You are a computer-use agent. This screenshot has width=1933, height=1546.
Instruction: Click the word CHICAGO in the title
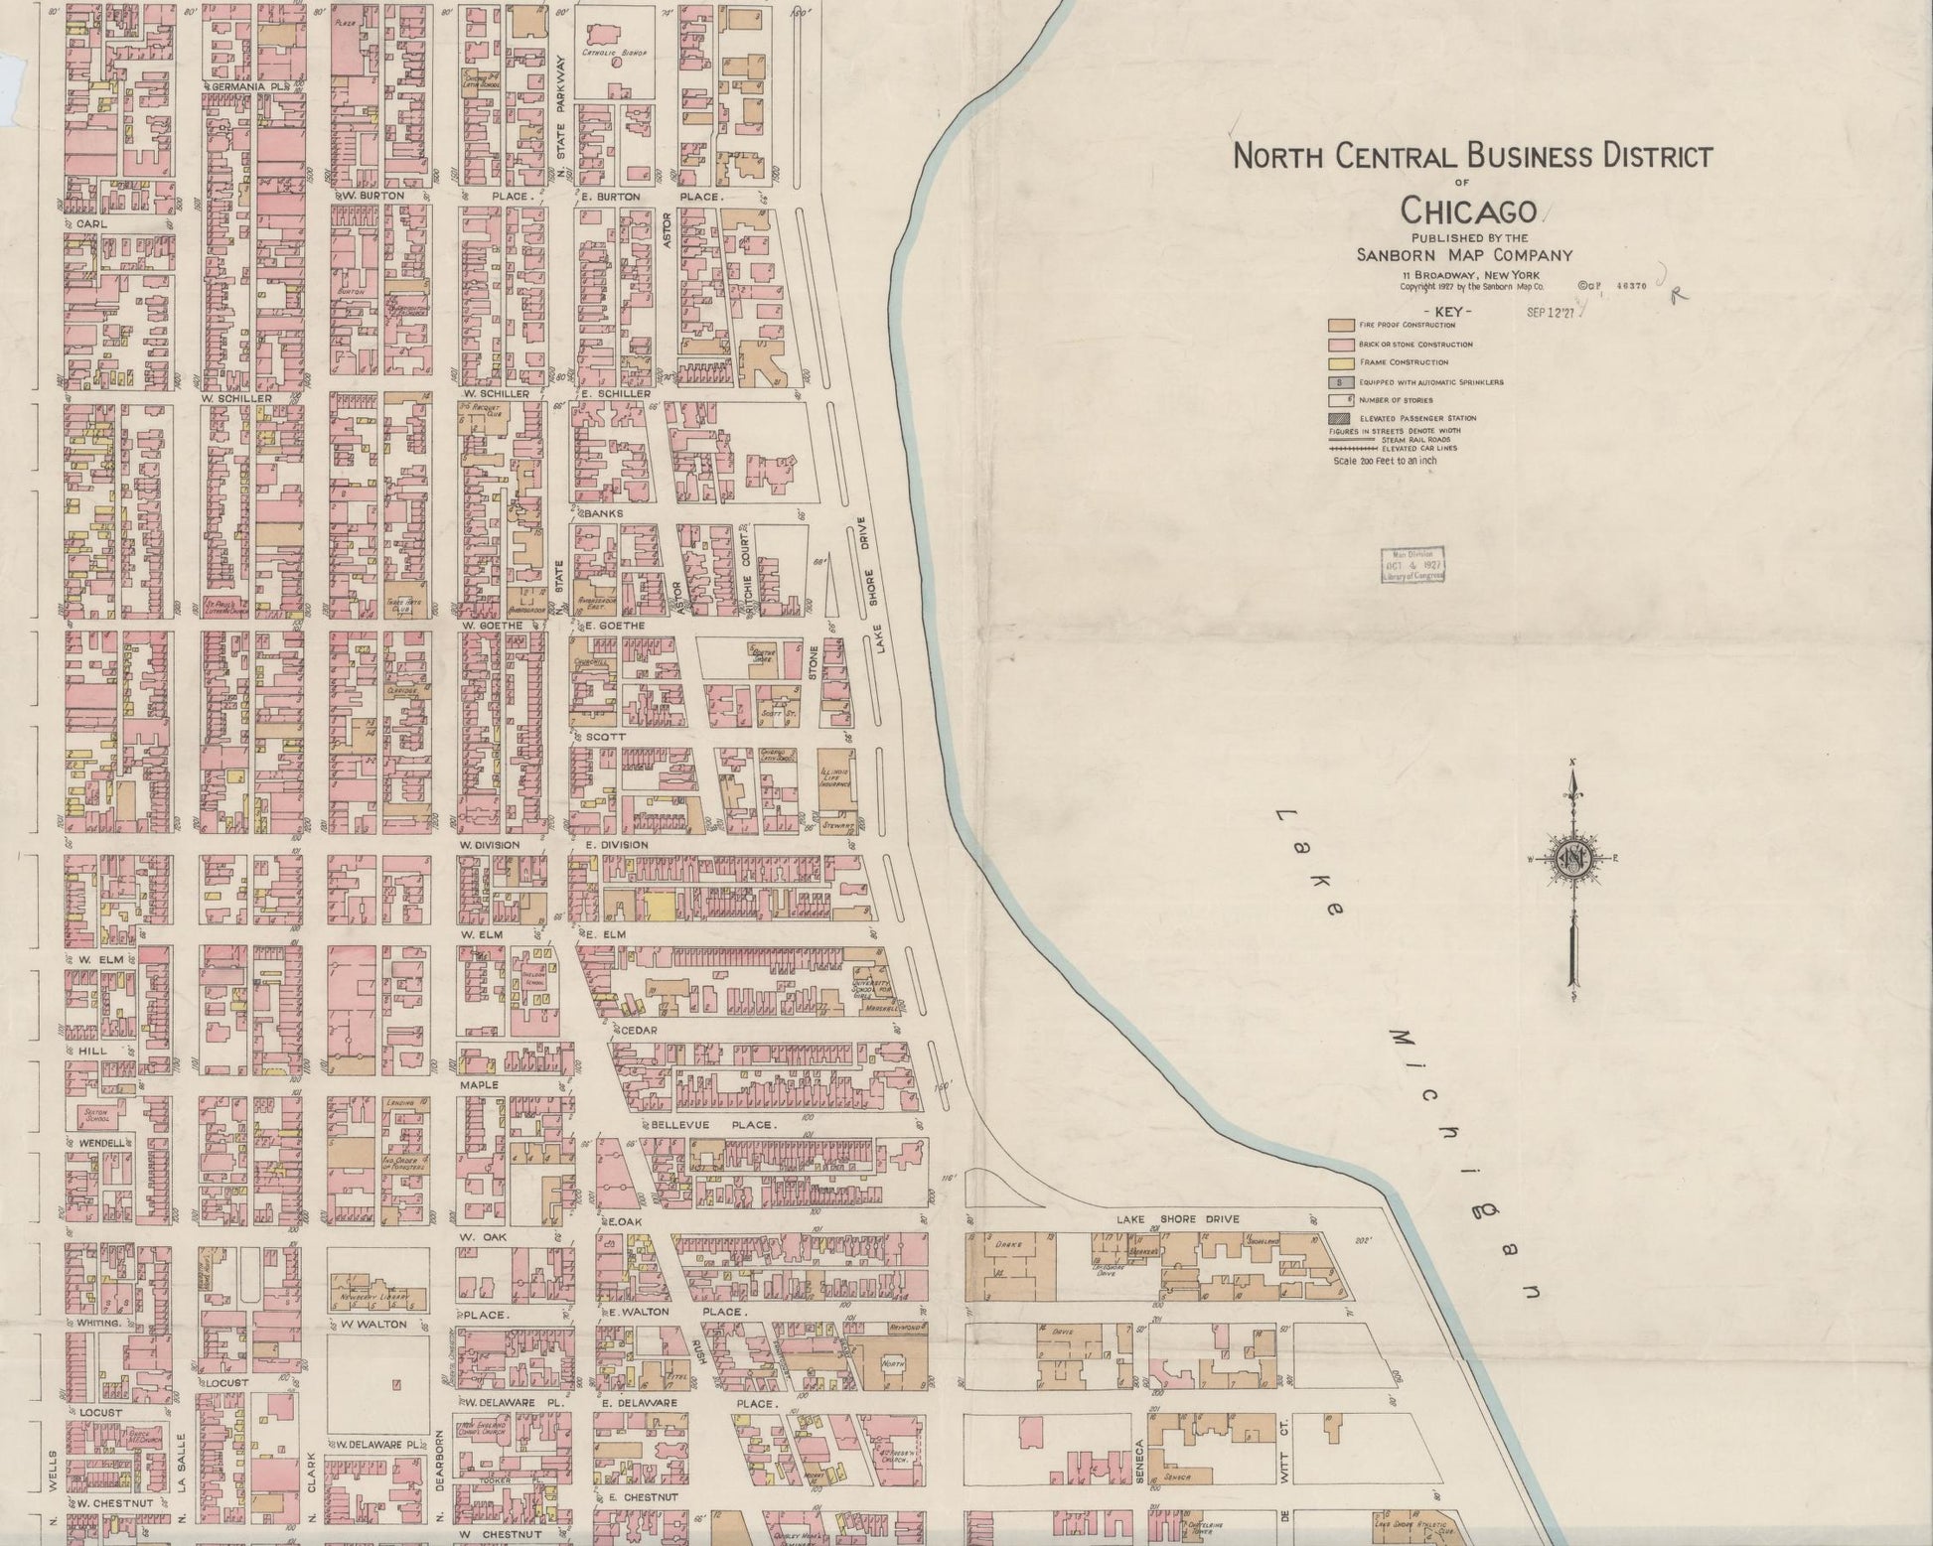click(1468, 211)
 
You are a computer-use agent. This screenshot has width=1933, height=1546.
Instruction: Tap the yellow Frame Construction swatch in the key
click(1341, 362)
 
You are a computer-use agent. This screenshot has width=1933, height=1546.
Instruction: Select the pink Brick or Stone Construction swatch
click(1341, 344)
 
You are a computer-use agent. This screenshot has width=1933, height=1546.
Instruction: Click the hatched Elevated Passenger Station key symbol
click(1341, 419)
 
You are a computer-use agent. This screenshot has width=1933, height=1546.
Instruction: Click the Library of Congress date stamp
click(1411, 564)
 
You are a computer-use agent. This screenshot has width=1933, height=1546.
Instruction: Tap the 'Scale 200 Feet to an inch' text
click(1385, 461)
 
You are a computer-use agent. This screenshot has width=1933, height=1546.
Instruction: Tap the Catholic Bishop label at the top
click(614, 52)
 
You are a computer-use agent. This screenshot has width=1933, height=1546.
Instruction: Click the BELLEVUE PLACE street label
click(711, 1125)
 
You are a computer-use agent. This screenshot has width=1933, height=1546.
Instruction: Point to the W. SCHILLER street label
click(235, 398)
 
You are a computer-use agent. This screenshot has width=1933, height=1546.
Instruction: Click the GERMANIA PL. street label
click(245, 87)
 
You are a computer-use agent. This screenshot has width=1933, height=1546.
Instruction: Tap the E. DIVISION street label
click(616, 845)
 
